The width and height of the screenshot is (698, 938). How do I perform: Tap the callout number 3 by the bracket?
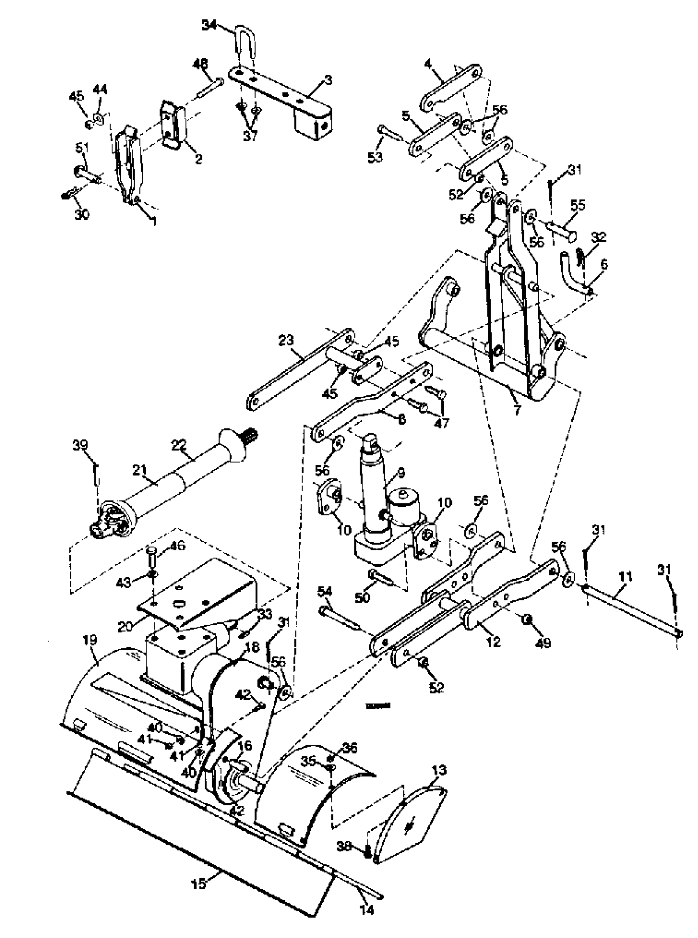[328, 80]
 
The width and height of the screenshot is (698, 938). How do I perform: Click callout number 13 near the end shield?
[439, 770]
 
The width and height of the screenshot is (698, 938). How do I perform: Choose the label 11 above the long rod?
[625, 576]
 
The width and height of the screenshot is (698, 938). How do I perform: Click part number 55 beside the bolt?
[578, 206]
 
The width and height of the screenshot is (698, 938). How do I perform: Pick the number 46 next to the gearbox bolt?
[178, 545]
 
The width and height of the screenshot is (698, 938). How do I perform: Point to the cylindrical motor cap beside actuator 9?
[404, 500]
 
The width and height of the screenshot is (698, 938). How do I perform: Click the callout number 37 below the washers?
[250, 137]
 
